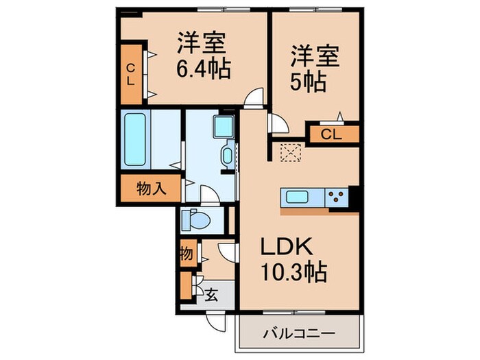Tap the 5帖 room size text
(313, 81)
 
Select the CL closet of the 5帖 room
(333, 134)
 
